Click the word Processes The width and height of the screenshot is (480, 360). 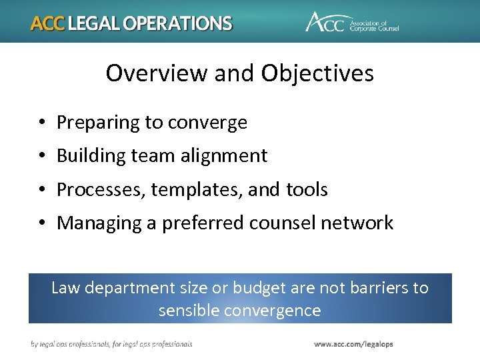(101, 190)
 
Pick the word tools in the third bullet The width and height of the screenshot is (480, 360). (307, 190)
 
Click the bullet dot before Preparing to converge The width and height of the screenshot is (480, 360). (41, 123)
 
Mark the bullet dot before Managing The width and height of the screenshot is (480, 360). (41, 223)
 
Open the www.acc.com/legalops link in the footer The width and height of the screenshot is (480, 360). (353, 344)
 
